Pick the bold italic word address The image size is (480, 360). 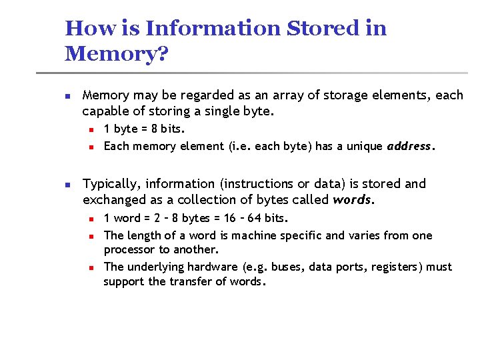[410, 147]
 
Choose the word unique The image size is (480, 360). [365, 147]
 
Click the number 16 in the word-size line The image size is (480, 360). [229, 218]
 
